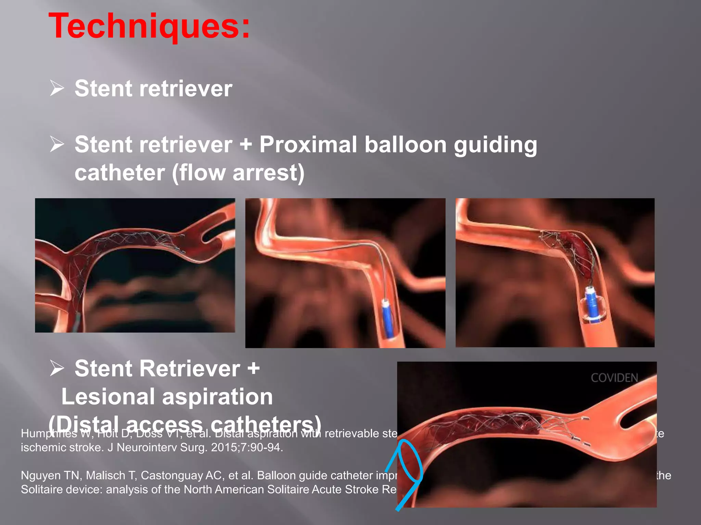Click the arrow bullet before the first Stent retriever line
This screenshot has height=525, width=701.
tap(57, 88)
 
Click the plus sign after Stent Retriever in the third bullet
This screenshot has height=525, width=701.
tap(253, 368)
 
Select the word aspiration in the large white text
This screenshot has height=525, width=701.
tap(217, 397)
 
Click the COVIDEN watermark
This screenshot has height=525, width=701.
tap(614, 378)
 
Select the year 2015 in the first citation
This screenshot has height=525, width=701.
tap(223, 447)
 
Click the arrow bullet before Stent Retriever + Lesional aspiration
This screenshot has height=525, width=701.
tap(57, 368)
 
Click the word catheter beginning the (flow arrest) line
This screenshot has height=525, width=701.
tap(120, 173)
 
